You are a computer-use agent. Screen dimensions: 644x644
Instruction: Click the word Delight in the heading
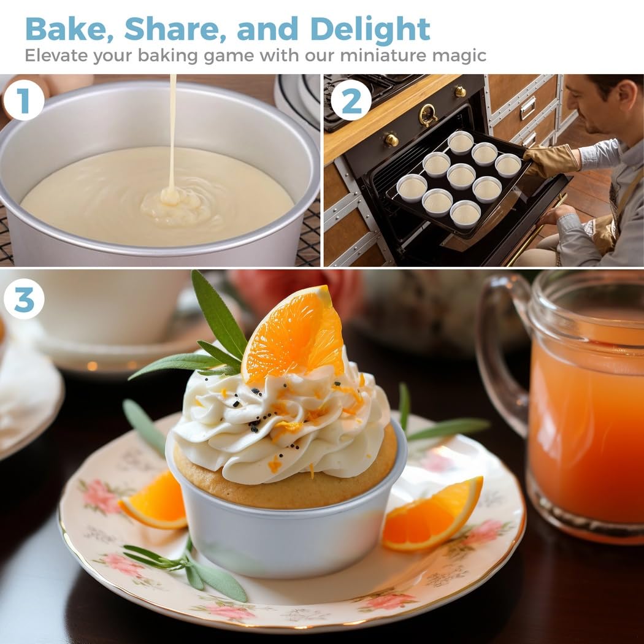(370, 29)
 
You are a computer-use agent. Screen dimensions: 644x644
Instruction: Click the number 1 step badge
(23, 100)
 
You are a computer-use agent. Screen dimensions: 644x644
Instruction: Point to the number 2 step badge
(351, 100)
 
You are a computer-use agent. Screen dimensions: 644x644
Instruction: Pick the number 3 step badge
(23, 299)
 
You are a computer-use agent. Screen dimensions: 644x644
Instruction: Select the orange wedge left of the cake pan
(154, 502)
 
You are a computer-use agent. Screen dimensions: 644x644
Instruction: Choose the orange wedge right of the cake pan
(433, 513)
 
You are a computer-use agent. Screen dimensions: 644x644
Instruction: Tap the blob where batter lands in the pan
(170, 196)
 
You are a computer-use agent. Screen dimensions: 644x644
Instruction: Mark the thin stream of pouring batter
(173, 131)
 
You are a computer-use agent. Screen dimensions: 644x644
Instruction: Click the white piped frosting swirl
(282, 423)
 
